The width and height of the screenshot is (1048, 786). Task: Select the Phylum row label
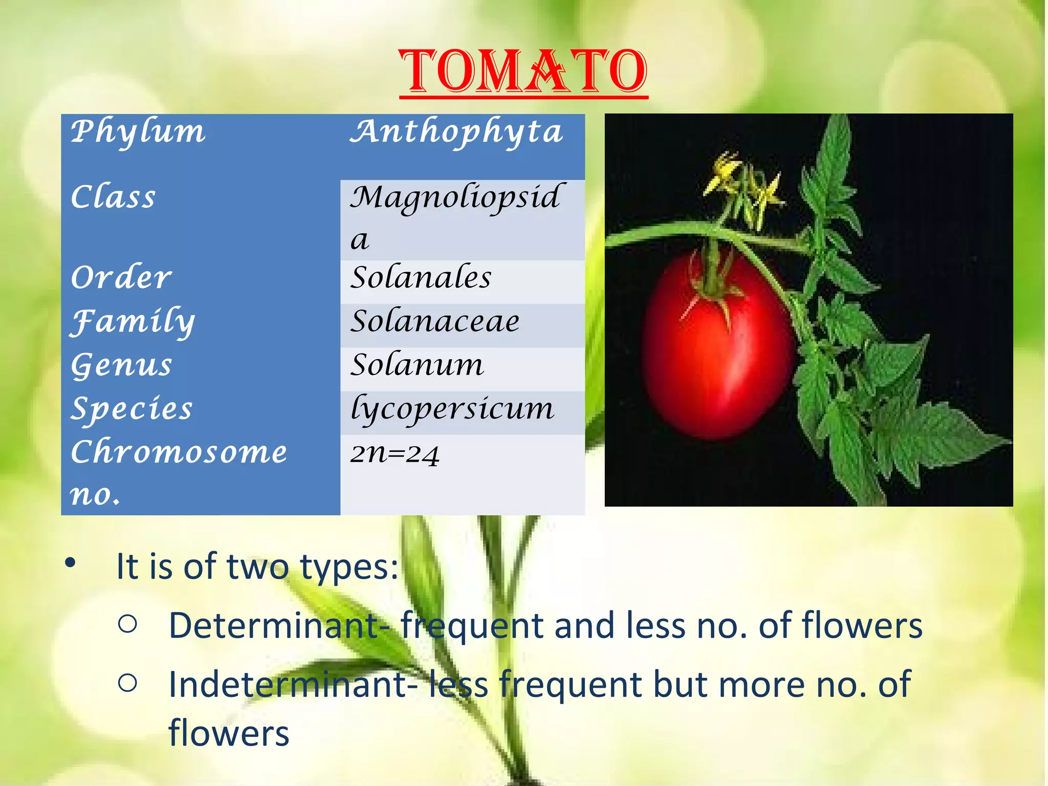click(x=138, y=132)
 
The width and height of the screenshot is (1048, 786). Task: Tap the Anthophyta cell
click(x=456, y=132)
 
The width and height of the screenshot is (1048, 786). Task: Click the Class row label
click(x=113, y=197)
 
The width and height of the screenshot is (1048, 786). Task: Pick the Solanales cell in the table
click(x=421, y=278)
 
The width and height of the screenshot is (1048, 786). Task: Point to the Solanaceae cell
click(x=435, y=322)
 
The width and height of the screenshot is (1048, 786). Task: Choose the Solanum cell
click(x=417, y=365)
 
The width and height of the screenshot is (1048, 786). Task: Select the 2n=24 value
click(x=395, y=453)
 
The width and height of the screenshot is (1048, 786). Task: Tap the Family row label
click(x=133, y=322)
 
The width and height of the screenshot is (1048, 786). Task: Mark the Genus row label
click(x=122, y=365)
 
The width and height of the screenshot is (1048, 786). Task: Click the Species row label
click(x=132, y=409)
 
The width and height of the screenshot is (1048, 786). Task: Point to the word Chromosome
click(x=179, y=452)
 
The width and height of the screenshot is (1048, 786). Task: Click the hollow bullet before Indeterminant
click(x=127, y=683)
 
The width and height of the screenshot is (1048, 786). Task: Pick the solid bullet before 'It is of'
click(x=70, y=563)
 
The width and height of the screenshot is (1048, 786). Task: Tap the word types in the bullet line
click(x=348, y=567)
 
